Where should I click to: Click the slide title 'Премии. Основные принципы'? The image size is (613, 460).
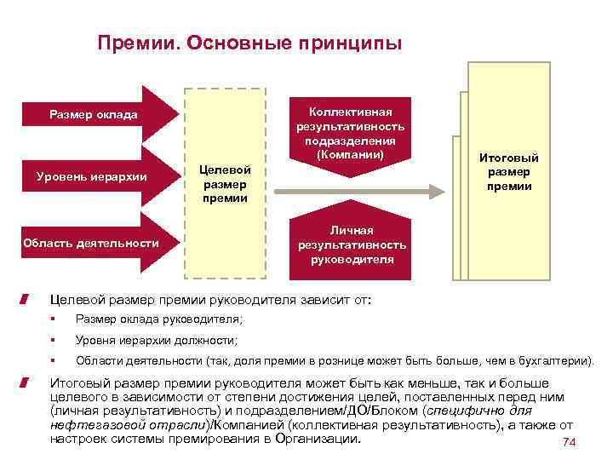(249, 43)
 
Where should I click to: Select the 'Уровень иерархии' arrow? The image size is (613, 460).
(93, 176)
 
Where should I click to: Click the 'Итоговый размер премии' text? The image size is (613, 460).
(509, 172)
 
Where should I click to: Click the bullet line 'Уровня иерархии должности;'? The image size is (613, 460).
(157, 340)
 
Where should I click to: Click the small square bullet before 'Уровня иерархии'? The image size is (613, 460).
(53, 341)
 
